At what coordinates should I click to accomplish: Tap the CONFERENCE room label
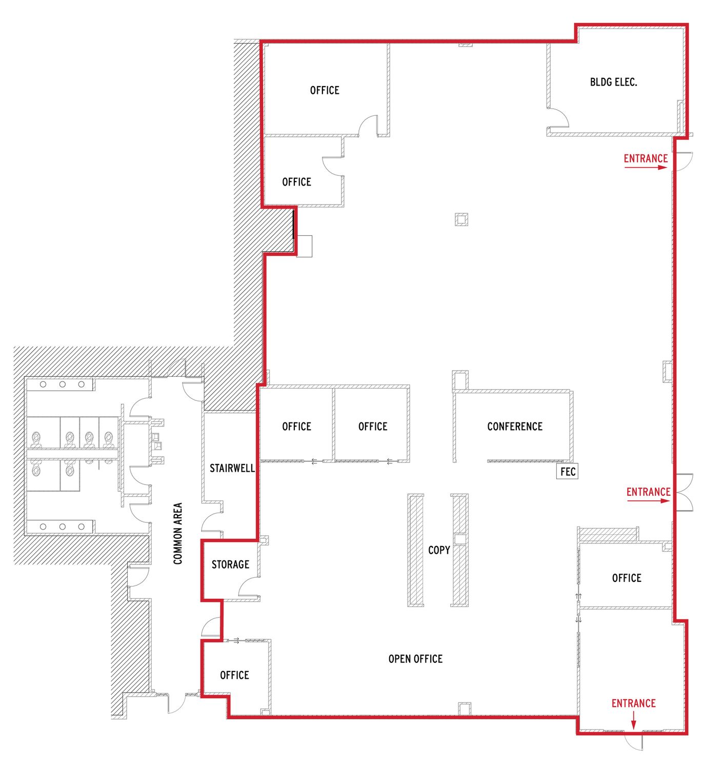514,427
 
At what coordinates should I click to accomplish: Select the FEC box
567,471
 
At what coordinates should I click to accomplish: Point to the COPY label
439,550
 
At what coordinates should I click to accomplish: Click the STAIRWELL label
232,468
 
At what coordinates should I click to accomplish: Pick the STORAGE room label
230,564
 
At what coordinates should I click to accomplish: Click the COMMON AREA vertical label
177,534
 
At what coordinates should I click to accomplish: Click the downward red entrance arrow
633,720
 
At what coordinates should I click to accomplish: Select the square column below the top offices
461,219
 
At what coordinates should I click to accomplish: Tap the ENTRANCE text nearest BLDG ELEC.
646,158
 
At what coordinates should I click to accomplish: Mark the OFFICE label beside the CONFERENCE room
372,427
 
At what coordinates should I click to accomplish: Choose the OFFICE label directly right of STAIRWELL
296,427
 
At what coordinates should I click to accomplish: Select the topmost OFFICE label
325,90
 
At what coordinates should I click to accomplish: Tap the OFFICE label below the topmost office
296,181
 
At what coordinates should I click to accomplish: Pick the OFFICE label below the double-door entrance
626,578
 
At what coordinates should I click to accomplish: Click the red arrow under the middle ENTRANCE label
648,501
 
